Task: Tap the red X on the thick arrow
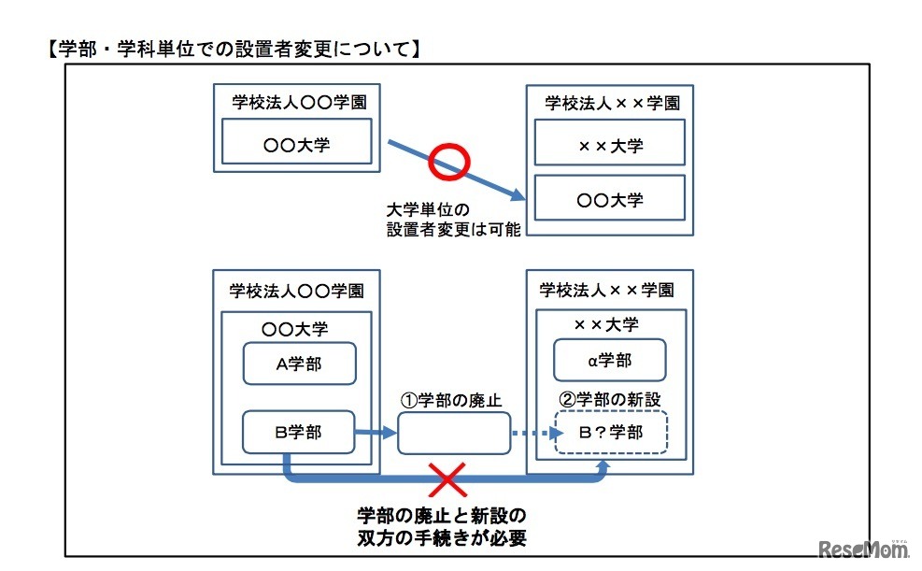(x=447, y=481)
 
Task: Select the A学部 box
(x=298, y=364)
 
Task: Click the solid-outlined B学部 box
(x=298, y=433)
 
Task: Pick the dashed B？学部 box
(x=611, y=433)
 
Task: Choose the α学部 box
(x=610, y=361)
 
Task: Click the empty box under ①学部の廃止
(x=454, y=433)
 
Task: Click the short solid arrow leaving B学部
(x=376, y=433)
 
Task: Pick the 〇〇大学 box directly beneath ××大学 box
(x=610, y=198)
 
